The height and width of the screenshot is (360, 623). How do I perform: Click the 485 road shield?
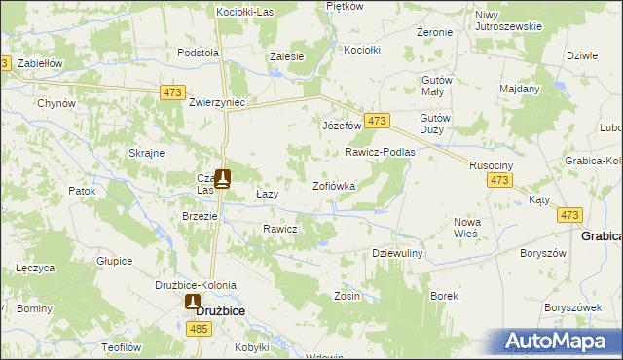point(200,331)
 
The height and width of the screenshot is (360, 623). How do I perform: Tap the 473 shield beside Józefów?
point(379,121)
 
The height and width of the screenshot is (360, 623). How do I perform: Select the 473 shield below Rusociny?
point(500,181)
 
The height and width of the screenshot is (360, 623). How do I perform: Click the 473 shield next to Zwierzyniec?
point(173,91)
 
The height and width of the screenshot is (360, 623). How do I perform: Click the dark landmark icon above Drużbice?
point(193,302)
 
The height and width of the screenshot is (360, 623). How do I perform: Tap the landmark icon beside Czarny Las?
point(223,178)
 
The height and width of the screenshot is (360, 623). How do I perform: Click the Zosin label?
point(348,296)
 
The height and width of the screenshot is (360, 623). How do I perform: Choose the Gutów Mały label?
point(437,88)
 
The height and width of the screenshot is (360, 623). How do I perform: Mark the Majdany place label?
point(520,89)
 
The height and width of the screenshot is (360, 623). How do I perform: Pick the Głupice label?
point(114,261)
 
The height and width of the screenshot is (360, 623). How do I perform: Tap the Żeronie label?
point(434,32)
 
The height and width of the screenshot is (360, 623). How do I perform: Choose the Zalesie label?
point(287,56)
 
